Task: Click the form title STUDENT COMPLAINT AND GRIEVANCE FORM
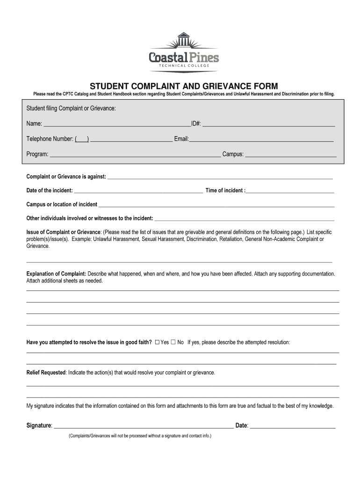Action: coord(184,86)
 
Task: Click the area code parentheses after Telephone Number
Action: coord(82,139)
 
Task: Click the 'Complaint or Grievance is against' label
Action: coord(66,177)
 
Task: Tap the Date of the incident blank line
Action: coord(138,192)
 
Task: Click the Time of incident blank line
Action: coord(290,192)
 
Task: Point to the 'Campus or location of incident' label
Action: coord(62,204)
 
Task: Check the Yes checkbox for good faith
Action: coord(157,342)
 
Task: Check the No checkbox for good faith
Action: coord(173,342)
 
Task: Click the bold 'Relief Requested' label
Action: coord(46,372)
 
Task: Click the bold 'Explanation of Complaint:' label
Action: coord(56,274)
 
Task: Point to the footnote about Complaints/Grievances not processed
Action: coord(140,435)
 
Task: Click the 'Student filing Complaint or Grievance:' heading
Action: coord(71,109)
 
